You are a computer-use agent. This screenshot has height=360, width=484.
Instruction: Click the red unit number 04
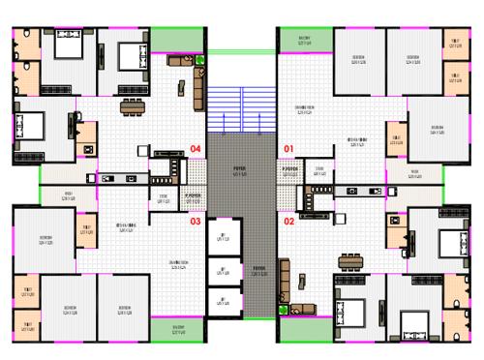[196, 149]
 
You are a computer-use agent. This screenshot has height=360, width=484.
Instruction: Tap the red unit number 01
[287, 148]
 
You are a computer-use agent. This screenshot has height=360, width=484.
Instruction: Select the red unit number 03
[196, 221]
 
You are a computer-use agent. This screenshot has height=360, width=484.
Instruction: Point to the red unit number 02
[287, 221]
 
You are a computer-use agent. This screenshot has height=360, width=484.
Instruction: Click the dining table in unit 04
[132, 105]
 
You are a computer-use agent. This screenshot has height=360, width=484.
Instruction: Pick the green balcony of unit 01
[304, 40]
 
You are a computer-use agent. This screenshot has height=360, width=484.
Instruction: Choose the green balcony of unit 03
[178, 329]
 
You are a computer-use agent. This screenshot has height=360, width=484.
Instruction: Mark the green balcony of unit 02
[304, 329]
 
